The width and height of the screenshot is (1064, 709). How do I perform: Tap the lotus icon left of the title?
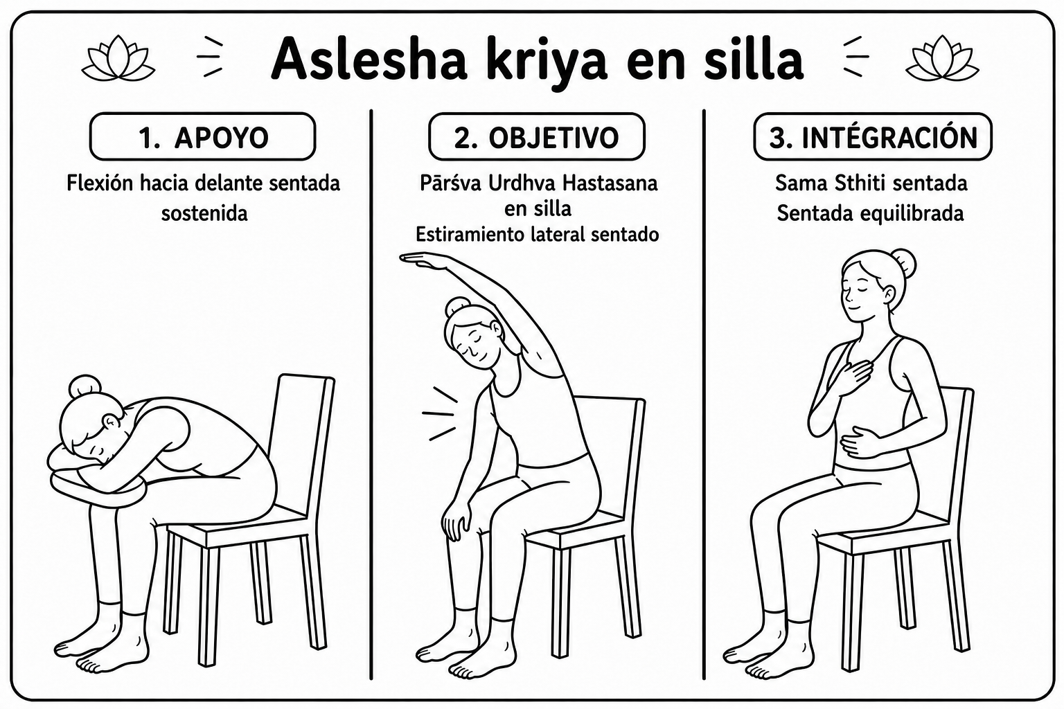click(x=118, y=58)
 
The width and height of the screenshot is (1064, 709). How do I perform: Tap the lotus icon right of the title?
click(x=942, y=58)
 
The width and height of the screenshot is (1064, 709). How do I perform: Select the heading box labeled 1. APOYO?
click(x=202, y=136)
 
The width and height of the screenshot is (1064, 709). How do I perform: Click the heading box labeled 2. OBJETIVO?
click(x=537, y=136)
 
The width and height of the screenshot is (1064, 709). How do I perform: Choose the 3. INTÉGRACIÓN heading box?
click(x=873, y=136)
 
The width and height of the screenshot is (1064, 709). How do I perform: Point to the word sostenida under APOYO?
click(x=204, y=214)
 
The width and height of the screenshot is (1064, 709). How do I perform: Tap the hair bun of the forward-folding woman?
click(x=85, y=386)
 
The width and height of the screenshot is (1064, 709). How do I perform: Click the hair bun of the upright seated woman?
click(x=904, y=264)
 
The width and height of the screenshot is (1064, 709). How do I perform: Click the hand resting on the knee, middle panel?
click(x=458, y=521)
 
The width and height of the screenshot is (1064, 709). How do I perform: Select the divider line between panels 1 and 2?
click(x=371, y=394)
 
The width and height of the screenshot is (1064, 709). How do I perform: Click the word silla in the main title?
click(x=754, y=60)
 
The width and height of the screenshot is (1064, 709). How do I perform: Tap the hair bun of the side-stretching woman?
click(x=457, y=307)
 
